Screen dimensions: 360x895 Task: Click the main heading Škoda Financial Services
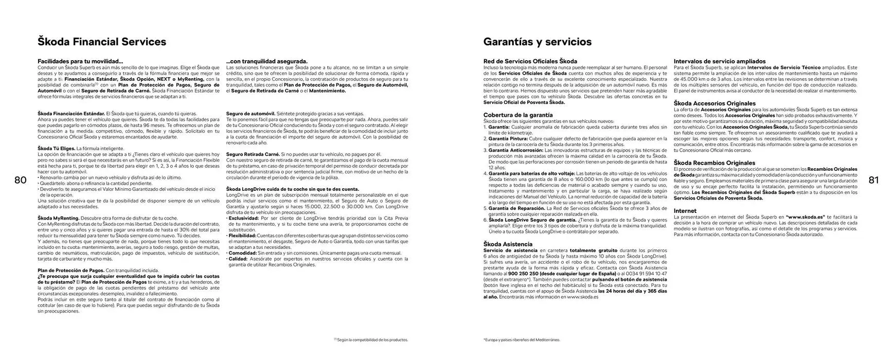[x=102, y=42]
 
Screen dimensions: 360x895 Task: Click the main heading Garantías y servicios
[x=538, y=42]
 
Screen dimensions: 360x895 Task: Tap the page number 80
[x=21, y=180]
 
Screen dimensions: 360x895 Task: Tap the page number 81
[x=874, y=180]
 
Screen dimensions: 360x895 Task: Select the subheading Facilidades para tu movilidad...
[x=80, y=61]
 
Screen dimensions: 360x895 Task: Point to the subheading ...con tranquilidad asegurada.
[x=266, y=61]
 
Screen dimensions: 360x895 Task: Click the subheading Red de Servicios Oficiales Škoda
[x=530, y=61]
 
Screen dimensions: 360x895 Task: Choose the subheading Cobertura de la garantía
[x=518, y=115]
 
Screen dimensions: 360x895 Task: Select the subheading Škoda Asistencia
[x=508, y=244]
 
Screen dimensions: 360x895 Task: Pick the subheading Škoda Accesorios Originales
[x=714, y=103]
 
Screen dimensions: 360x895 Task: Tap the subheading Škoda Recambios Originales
[x=714, y=163]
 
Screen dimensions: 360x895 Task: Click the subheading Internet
[x=685, y=211]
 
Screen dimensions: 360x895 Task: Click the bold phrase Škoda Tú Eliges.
[x=57, y=148]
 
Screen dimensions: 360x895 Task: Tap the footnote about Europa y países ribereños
[x=522, y=340]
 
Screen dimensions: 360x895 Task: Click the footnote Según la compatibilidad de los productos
[x=370, y=340]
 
